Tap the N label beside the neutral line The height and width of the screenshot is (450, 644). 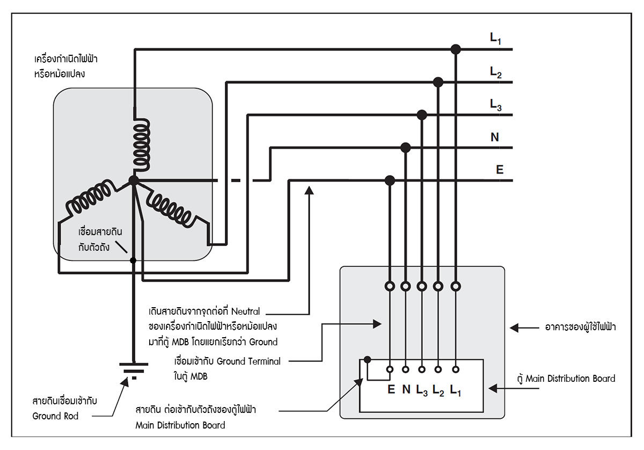point(494,137)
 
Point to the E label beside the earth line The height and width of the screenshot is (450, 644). point(499,170)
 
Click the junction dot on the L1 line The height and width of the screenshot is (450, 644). point(456,49)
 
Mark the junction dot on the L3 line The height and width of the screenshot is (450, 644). point(422,114)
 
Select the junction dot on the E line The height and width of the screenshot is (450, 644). point(390,180)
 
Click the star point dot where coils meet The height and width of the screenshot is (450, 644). point(134,180)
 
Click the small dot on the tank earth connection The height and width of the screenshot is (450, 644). point(133,260)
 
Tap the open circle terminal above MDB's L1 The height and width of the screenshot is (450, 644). point(456,286)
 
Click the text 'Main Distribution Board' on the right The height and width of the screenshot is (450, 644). point(570,379)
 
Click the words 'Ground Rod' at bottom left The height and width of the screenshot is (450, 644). point(55,416)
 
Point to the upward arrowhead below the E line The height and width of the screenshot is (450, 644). point(309,190)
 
